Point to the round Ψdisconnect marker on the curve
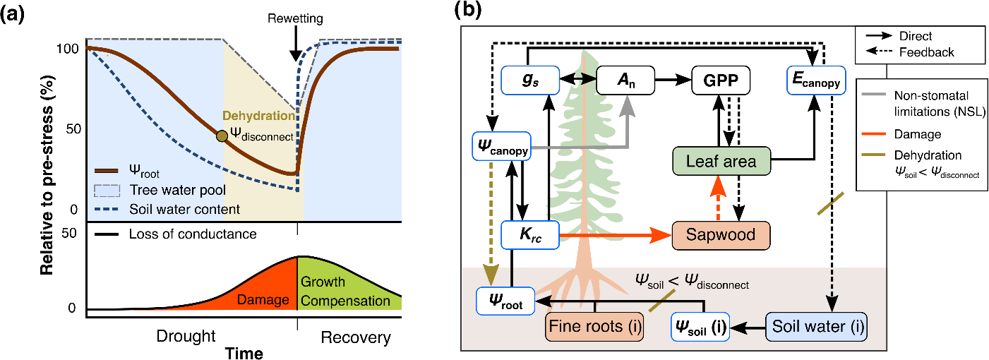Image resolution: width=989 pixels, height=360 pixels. [x=222, y=136]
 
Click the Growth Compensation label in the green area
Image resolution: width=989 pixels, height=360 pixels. [x=345, y=292]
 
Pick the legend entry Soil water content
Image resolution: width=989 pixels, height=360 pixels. [x=185, y=210]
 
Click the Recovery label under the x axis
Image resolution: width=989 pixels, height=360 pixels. [x=355, y=338]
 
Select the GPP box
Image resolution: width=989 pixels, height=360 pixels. [x=720, y=81]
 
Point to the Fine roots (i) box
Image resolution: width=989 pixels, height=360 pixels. [x=594, y=328]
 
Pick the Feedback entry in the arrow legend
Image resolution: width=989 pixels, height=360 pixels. [x=926, y=52]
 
